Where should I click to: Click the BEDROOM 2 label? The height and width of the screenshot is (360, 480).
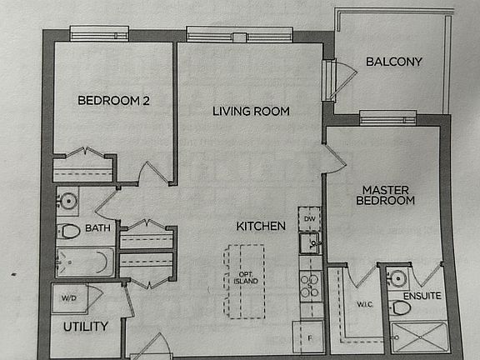pos(113,101)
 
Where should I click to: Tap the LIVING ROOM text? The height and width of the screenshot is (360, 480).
pos(250,111)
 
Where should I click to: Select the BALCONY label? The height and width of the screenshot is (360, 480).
pos(394,62)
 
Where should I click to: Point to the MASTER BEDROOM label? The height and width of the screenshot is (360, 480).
pos(385,194)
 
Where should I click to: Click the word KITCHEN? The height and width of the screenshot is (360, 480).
pos(261,226)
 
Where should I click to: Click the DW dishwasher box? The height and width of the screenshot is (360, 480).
pos(310,219)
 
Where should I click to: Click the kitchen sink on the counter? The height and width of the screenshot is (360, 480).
pos(311,244)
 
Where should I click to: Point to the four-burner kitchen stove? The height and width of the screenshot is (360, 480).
pos(311,285)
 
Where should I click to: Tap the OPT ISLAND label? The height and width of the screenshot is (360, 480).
pos(245,277)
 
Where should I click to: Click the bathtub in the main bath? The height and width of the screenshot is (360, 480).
pos(84,262)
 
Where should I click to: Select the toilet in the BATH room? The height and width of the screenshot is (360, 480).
pos(69,231)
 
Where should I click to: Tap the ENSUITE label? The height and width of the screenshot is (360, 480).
pos(421,296)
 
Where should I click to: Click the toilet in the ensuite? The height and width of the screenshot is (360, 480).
pos(401,308)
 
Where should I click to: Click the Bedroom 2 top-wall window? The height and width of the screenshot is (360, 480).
pos(99,34)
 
